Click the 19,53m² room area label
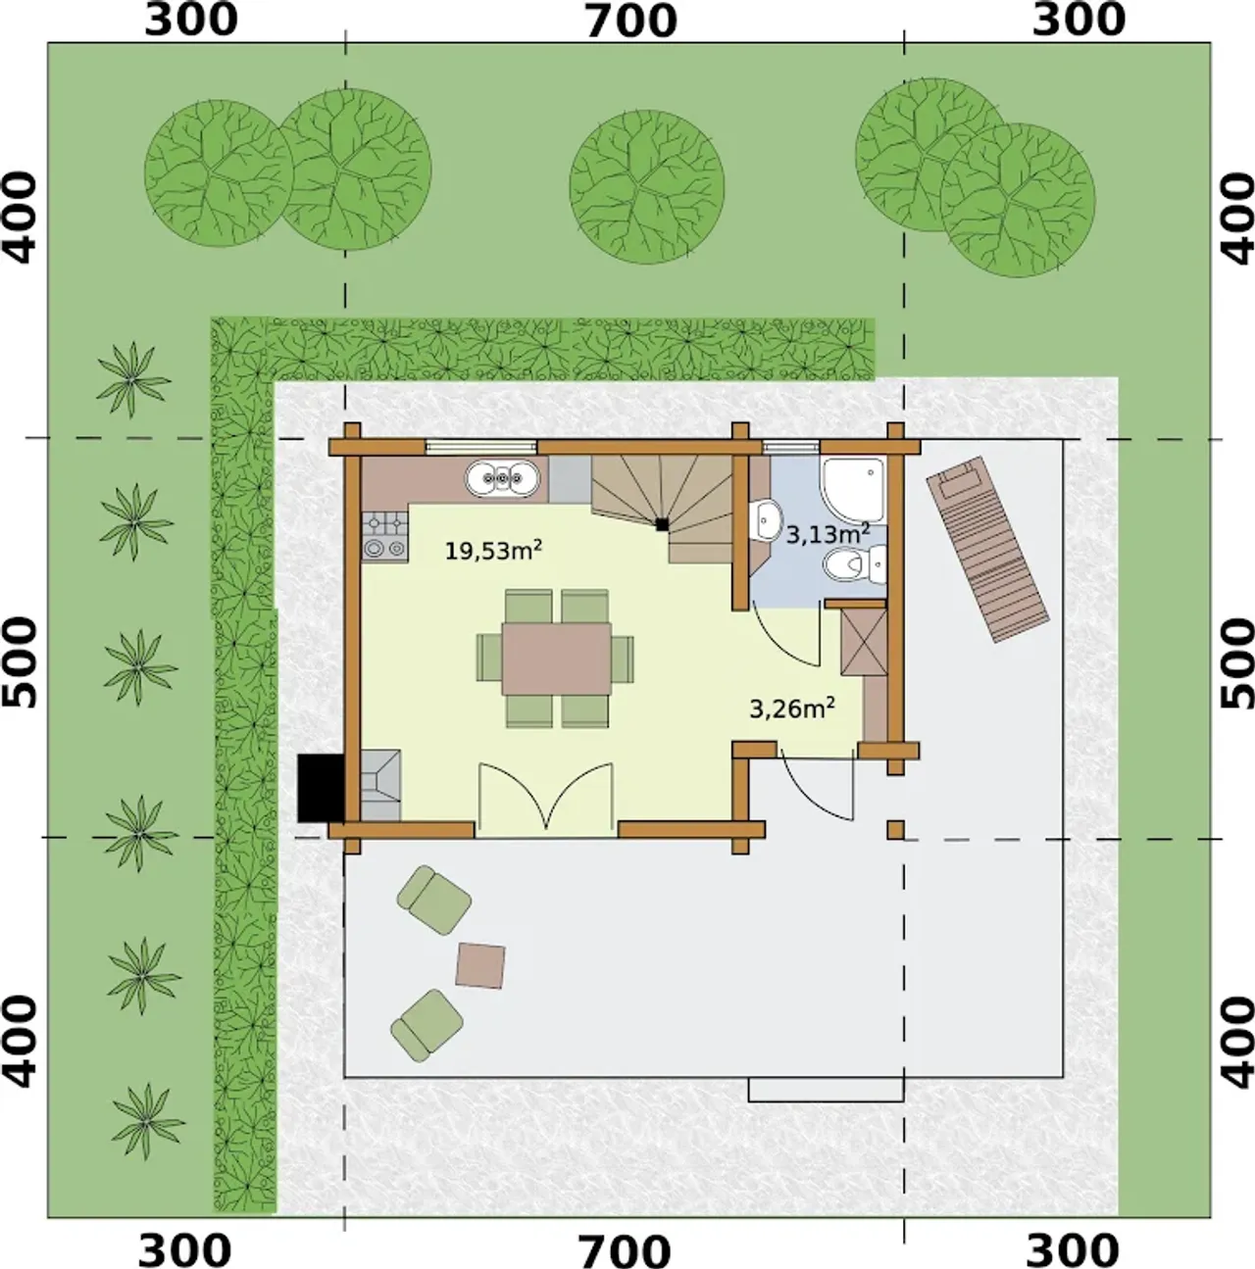(x=493, y=550)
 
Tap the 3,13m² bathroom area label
(x=828, y=533)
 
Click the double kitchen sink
(x=504, y=477)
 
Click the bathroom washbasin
(x=765, y=520)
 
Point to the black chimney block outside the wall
(x=321, y=788)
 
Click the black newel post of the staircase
(x=662, y=524)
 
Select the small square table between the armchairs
(x=480, y=965)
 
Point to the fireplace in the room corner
(x=381, y=784)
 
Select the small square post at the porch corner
(x=895, y=829)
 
